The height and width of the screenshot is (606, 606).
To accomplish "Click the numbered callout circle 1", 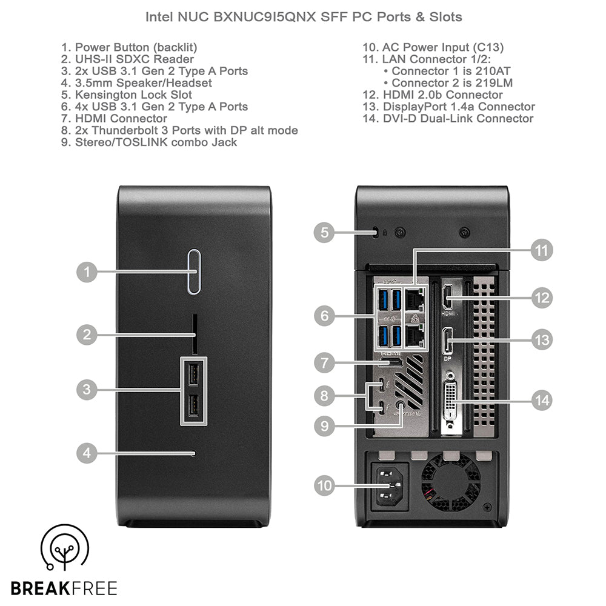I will coord(88,272).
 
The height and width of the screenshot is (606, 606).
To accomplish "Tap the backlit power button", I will coord(193,271).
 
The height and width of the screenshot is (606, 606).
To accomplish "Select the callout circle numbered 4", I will coord(88,453).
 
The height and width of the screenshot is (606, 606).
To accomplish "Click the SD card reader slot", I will coord(194,334).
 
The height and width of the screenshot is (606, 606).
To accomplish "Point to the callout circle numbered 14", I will coord(541,401).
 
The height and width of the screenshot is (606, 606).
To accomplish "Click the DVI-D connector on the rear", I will coord(451,400).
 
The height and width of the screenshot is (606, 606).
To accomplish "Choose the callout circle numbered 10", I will coord(325,485).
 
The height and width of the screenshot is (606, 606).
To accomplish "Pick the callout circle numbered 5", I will coord(325,231).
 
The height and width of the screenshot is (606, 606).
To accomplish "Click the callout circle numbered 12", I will coord(541,298).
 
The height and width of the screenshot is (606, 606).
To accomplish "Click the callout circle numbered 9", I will coord(325,425).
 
